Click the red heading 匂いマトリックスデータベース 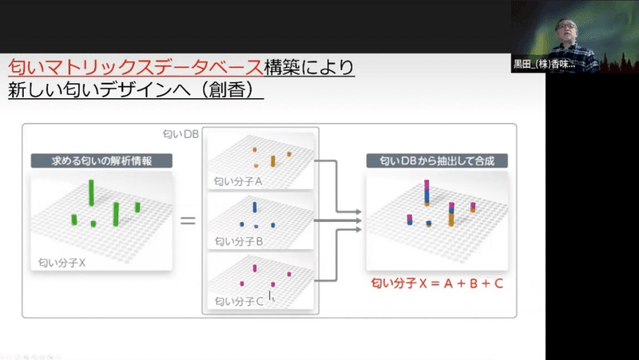[136, 68]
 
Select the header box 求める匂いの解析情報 [101, 161]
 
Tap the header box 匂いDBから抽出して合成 [437, 161]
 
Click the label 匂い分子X [62, 263]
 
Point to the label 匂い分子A [238, 182]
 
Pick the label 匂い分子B [239, 242]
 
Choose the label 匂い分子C [239, 302]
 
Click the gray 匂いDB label [181, 134]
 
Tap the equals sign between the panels [188, 221]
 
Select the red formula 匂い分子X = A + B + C [437, 283]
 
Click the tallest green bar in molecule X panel [91, 192]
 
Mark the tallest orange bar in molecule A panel [272, 161]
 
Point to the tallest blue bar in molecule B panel [255, 208]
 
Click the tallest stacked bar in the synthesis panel [427, 192]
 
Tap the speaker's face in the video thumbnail [567, 30]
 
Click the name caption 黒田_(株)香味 [544, 65]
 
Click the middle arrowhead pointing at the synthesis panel [358, 221]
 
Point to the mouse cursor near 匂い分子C [270, 295]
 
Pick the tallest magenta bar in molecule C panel [255, 268]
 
